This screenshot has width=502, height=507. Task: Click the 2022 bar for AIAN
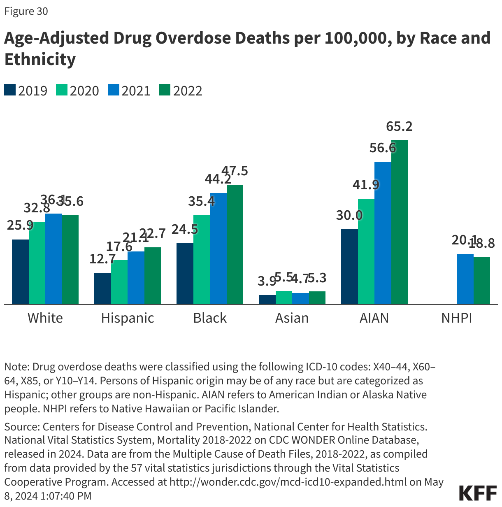click(x=399, y=222)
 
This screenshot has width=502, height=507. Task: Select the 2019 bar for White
click(x=20, y=272)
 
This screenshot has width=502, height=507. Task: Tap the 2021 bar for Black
click(x=218, y=249)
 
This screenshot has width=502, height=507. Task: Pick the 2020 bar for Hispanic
click(x=119, y=282)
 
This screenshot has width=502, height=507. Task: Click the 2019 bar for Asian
click(x=267, y=300)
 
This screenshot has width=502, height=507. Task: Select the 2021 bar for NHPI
click(x=465, y=279)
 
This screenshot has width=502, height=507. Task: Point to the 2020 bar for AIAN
click(x=366, y=251)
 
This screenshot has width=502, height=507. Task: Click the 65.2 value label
click(x=399, y=126)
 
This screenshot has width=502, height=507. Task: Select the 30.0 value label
click(x=349, y=215)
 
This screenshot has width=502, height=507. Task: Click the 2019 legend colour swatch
click(x=10, y=90)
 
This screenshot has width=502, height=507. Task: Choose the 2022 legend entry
click(x=180, y=91)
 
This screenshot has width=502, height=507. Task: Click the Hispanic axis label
click(x=128, y=318)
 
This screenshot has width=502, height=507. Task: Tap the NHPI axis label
click(x=457, y=318)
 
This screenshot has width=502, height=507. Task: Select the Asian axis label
click(x=292, y=318)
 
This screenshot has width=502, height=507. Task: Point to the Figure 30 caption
click(x=26, y=11)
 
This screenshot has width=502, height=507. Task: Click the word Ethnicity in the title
click(x=40, y=59)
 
